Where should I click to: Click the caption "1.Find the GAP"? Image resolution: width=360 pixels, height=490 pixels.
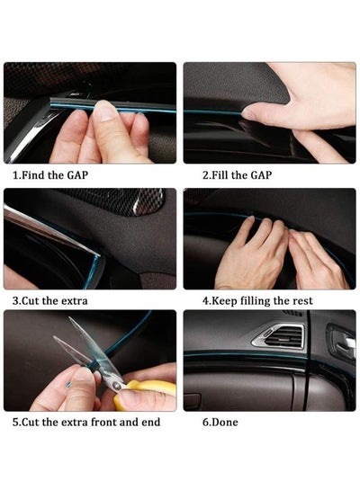[50, 175]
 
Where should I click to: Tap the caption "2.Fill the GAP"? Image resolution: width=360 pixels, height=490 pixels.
[237, 175]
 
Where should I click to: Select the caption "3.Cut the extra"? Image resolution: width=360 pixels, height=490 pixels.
[50, 301]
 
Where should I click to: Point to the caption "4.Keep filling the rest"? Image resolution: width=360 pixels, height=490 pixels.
[257, 301]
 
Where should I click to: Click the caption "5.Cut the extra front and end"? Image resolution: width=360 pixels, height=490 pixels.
[86, 423]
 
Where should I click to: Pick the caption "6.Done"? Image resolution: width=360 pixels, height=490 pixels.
[220, 423]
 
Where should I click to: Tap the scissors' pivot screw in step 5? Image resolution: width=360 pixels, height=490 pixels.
[117, 387]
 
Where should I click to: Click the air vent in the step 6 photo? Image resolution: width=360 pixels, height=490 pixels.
[279, 336]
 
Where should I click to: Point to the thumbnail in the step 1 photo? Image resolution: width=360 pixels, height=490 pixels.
[105, 111]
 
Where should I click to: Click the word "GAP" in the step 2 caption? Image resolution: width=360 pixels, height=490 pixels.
[261, 175]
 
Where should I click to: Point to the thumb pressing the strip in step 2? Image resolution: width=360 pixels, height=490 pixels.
[254, 111]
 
